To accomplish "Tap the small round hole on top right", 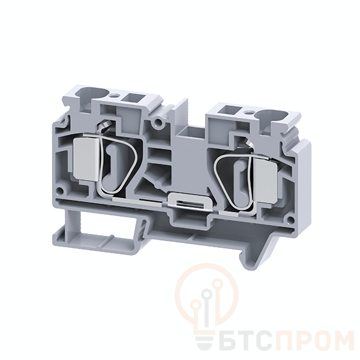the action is coord(247,113).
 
